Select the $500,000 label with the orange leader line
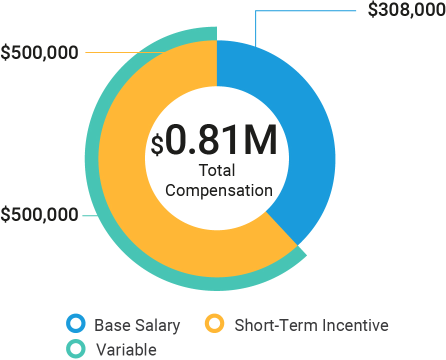point(39,52)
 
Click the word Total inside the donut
point(217,170)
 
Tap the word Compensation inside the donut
point(219,190)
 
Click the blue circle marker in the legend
point(76,324)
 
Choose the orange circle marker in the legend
point(215,324)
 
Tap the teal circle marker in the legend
point(76,348)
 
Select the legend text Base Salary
point(137,325)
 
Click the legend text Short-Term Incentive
point(311,325)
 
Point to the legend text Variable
point(126,349)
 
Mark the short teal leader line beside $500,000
point(89,215)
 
